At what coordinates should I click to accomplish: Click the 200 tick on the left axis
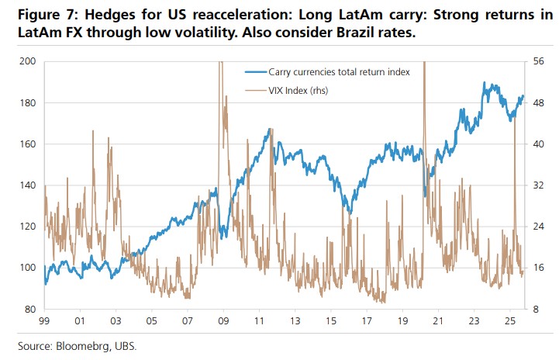click(x=28, y=61)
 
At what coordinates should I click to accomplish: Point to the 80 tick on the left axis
click(x=30, y=309)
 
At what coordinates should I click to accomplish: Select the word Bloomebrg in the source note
click(x=83, y=345)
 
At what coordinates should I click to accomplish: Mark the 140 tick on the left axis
click(x=28, y=185)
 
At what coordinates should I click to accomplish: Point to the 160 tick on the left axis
click(x=28, y=144)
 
